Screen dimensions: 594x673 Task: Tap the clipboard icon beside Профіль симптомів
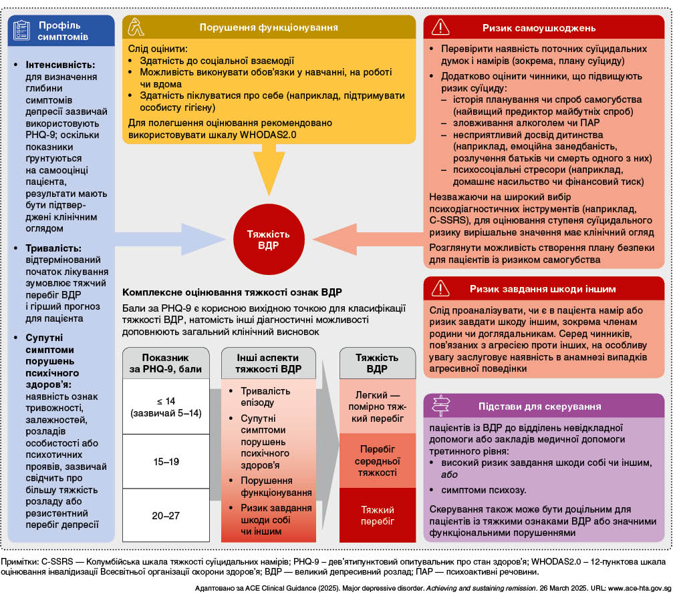(x=22, y=30)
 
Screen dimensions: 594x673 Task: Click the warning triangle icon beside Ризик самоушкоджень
(x=440, y=28)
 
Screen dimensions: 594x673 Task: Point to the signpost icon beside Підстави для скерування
(x=440, y=406)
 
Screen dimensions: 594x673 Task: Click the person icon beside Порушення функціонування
(x=138, y=28)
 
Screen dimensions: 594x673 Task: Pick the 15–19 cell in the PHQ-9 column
(x=166, y=461)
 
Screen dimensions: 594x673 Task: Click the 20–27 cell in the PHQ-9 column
(x=166, y=515)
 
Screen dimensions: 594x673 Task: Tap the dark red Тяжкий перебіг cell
(x=378, y=515)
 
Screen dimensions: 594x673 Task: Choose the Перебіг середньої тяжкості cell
(x=378, y=461)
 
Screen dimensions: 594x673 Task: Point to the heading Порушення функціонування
(x=269, y=28)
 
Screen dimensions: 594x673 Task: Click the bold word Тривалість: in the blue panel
(x=55, y=248)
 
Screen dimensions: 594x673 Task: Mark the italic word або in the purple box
(x=440, y=475)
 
